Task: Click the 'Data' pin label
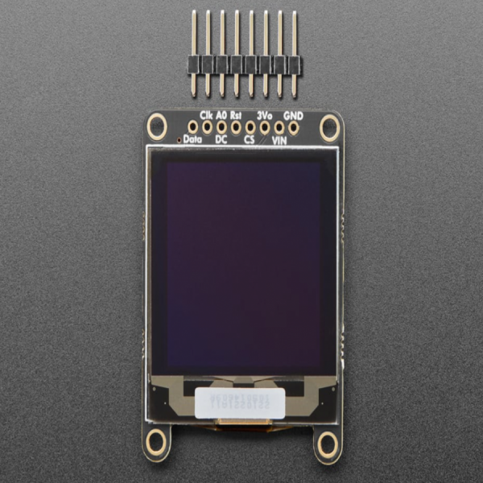(193, 139)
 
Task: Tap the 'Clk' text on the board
(206, 114)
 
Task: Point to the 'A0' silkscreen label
(221, 114)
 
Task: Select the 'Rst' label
(236, 114)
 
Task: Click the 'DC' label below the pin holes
(221, 139)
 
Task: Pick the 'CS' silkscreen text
(250, 139)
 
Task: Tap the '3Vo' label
(265, 114)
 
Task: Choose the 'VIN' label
(279, 139)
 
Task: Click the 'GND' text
(294, 114)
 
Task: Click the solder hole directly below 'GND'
(294, 126)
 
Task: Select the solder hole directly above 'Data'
(192, 126)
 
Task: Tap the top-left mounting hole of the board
(157, 126)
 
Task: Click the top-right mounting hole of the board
(329, 126)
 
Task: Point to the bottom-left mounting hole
(156, 442)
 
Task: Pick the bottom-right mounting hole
(327, 444)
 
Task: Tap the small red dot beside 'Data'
(179, 139)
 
